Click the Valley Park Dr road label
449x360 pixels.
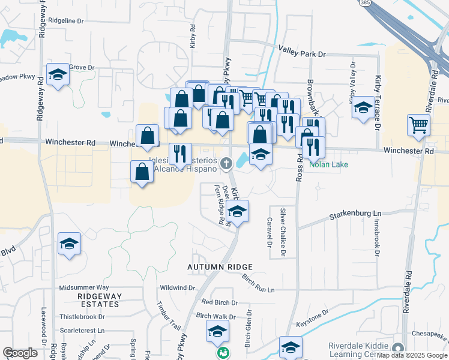(x=301, y=54)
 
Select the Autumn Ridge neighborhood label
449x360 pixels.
(x=218, y=266)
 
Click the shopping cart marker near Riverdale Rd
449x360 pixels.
(x=418, y=125)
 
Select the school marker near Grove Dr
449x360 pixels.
(x=58, y=74)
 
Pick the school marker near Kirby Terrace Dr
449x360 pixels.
(x=363, y=107)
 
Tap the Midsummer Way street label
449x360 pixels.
(x=84, y=288)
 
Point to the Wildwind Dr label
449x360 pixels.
(x=178, y=288)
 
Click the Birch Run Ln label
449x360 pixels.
(x=258, y=284)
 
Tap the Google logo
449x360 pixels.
(x=20, y=353)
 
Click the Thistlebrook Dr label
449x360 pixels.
(x=82, y=316)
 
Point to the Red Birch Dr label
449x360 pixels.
(x=220, y=302)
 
